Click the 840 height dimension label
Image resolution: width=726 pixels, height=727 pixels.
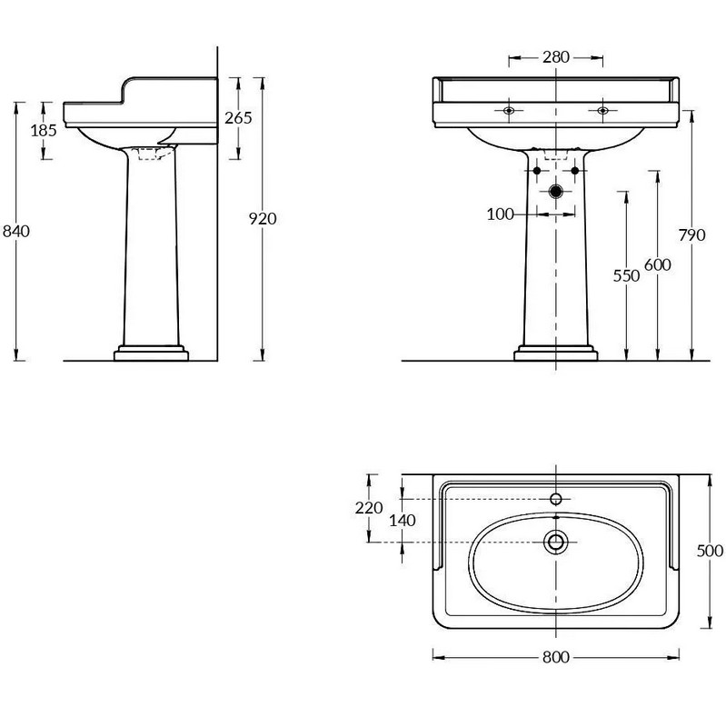(16, 231)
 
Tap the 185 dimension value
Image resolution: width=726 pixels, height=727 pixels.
(44, 130)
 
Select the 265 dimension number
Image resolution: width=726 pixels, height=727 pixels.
(238, 118)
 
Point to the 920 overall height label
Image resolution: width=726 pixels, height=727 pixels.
(263, 218)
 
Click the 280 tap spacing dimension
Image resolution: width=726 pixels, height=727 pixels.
(556, 57)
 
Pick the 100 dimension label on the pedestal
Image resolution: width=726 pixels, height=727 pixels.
(501, 214)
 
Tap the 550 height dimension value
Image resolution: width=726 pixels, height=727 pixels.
(626, 276)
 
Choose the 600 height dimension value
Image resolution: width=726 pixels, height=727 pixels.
(658, 264)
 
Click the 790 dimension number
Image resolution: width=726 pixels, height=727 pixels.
(692, 235)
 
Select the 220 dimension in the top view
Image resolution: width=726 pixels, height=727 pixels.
(369, 508)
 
